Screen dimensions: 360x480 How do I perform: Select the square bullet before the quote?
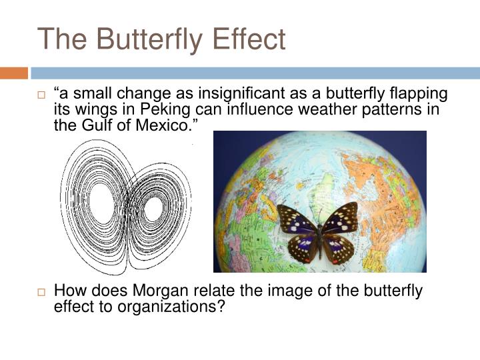(x=41, y=95)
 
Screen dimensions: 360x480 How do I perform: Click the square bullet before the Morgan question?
(x=41, y=292)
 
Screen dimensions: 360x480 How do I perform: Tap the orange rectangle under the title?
(x=13, y=73)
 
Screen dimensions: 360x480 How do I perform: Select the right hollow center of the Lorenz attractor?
(x=153, y=209)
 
